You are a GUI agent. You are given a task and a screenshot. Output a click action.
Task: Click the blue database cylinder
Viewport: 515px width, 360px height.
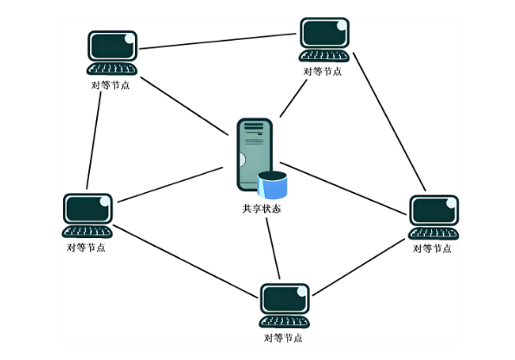[x=273, y=185]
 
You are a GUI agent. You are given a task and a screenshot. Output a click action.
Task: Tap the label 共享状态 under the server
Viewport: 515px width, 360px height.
[x=261, y=209]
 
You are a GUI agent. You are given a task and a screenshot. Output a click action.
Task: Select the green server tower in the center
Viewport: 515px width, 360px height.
[x=254, y=154]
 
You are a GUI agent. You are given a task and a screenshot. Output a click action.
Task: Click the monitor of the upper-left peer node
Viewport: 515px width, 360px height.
[x=113, y=46]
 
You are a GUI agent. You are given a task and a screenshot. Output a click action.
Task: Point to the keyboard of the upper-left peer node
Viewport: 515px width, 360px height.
[x=112, y=69]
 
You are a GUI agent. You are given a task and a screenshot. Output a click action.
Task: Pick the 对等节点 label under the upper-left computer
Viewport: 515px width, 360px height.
[x=111, y=86]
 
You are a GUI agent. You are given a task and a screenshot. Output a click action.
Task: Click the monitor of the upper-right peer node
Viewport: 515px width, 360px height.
[x=325, y=33]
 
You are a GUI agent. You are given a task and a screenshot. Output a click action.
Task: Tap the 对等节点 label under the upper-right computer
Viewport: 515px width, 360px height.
[x=323, y=72]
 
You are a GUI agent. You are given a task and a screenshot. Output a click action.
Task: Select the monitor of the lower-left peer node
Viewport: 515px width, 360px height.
[x=87, y=209]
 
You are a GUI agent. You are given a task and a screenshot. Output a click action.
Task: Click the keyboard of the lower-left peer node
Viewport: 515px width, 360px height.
[x=87, y=232]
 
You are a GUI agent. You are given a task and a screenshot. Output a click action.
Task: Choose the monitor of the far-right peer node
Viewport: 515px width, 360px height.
[x=434, y=210]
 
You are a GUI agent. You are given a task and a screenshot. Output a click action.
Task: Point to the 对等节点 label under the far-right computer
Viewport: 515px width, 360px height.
[x=432, y=248]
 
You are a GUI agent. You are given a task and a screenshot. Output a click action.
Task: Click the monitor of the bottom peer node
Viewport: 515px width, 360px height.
[x=285, y=299]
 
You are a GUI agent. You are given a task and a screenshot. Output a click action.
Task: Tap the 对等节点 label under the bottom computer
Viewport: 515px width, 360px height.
[x=283, y=338]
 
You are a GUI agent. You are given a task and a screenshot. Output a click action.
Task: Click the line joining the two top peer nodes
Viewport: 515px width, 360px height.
[x=218, y=41]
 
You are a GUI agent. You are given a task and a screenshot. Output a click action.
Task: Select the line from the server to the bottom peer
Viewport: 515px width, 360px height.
[x=273, y=248]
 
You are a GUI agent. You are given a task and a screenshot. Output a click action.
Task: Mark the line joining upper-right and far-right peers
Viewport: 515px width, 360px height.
[x=389, y=121]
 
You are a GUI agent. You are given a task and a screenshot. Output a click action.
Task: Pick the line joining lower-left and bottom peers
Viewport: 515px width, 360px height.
[x=185, y=261]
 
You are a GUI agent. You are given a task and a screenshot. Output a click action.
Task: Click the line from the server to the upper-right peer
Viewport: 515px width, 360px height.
[x=293, y=98]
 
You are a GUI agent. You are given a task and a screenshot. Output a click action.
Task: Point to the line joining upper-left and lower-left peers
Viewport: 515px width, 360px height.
[x=93, y=140]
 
